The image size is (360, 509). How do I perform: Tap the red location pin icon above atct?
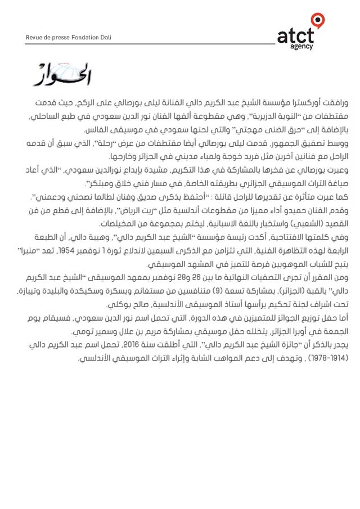tap(318, 21)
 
